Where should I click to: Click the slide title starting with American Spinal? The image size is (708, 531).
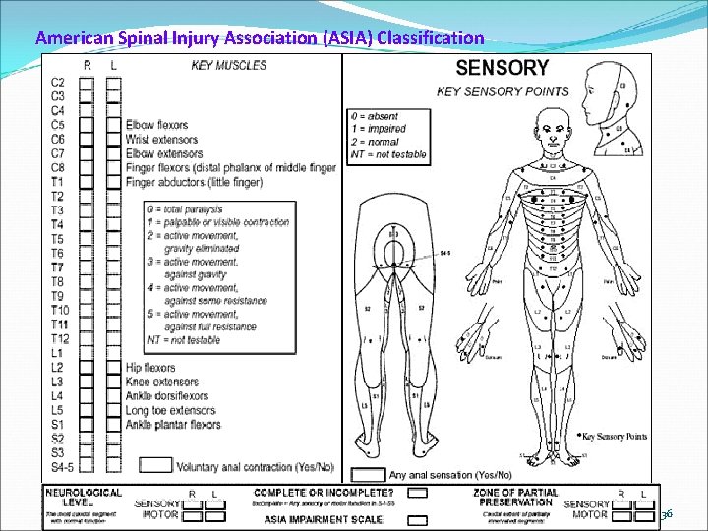pyautogui.click(x=260, y=39)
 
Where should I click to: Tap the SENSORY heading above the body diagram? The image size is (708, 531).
pyautogui.click(x=501, y=69)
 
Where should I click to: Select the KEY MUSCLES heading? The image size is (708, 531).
pyautogui.click(x=228, y=65)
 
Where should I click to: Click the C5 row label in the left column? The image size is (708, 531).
pyautogui.click(x=58, y=125)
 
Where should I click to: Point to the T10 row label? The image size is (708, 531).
pyautogui.click(x=58, y=310)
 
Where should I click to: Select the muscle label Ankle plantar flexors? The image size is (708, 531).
pyautogui.click(x=174, y=424)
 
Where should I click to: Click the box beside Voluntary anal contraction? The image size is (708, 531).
pyautogui.click(x=156, y=465)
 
